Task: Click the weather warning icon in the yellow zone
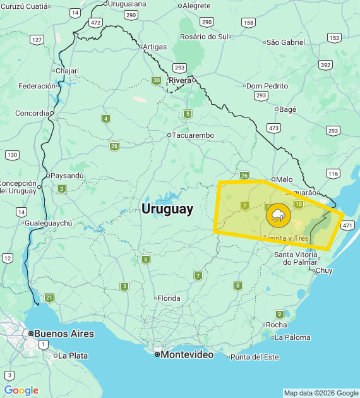pyautogui.click(x=278, y=215)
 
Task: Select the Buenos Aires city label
pyautogui.click(x=63, y=334)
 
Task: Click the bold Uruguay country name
pyautogui.click(x=167, y=208)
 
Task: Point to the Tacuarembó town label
pyautogui.click(x=193, y=135)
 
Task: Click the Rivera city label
pyautogui.click(x=180, y=80)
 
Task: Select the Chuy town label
pyautogui.click(x=323, y=270)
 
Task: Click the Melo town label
pyautogui.click(x=284, y=179)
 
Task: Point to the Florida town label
pyautogui.click(x=168, y=298)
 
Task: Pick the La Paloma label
pyautogui.click(x=292, y=337)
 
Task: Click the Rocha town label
pyautogui.click(x=276, y=325)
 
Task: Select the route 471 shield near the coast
pyautogui.click(x=348, y=225)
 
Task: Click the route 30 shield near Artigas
pyautogui.click(x=156, y=80)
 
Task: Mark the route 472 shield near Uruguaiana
pyautogui.click(x=95, y=23)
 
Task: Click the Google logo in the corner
pyautogui.click(x=21, y=390)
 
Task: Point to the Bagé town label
pyautogui.click(x=287, y=109)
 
